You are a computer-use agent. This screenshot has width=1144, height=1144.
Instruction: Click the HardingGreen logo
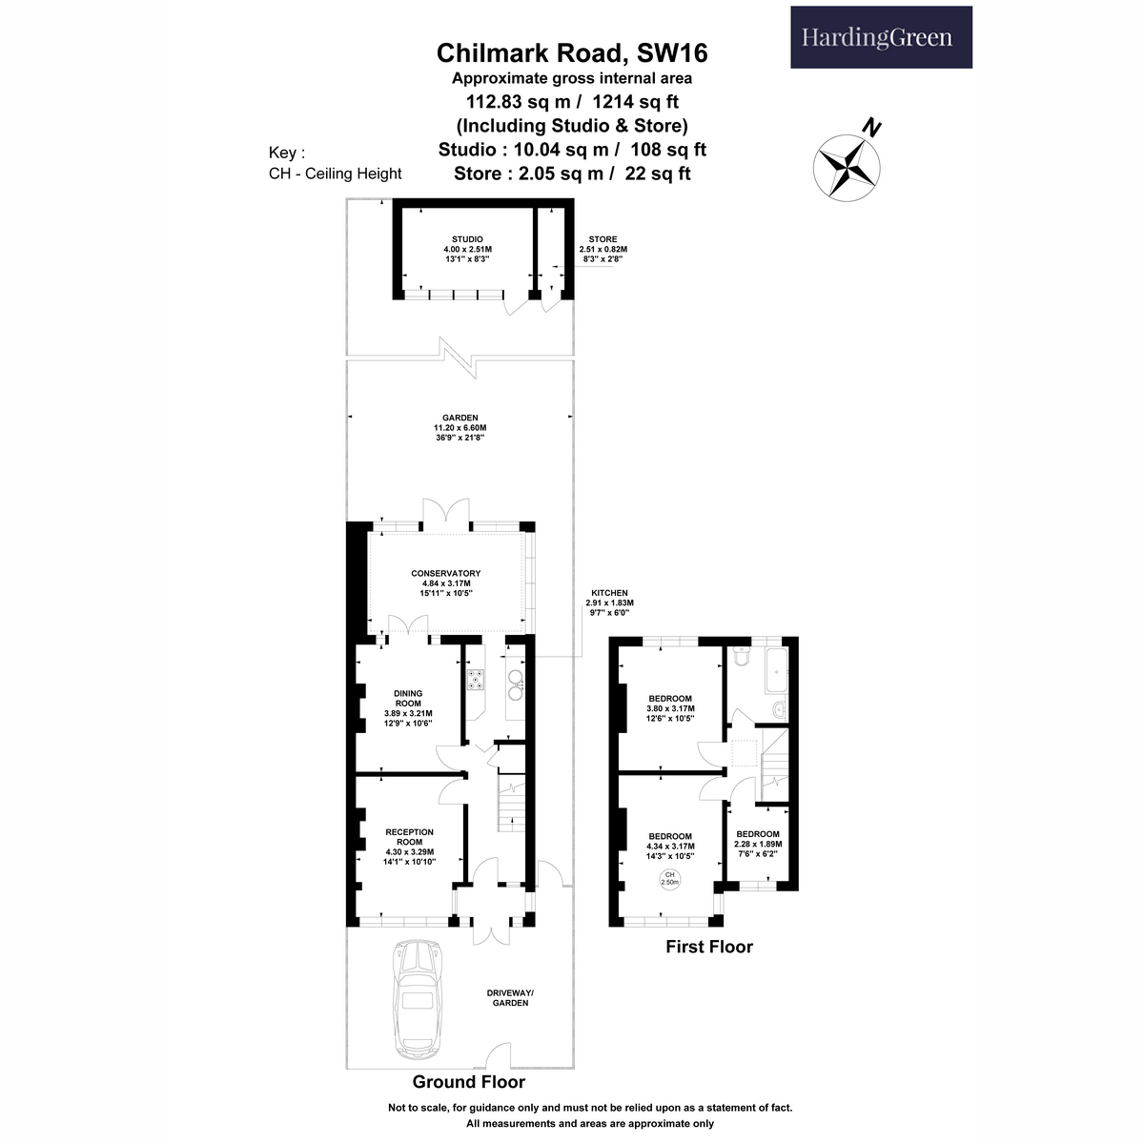pyautogui.click(x=881, y=37)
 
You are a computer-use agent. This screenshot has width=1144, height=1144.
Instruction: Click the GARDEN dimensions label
pyautogui.click(x=460, y=427)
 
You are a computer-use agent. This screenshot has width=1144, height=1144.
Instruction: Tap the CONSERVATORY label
pyautogui.click(x=446, y=583)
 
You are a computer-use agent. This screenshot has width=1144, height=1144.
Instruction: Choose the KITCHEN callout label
pyautogui.click(x=609, y=603)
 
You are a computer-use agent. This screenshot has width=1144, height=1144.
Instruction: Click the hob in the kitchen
pyautogui.click(x=476, y=679)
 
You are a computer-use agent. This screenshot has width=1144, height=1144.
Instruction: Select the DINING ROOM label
pyautogui.click(x=408, y=707)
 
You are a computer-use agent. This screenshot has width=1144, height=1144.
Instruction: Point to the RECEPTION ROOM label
pyautogui.click(x=410, y=846)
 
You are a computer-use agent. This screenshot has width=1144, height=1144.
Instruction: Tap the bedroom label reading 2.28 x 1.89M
pyautogui.click(x=758, y=844)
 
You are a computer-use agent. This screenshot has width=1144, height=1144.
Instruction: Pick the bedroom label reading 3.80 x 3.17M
pyautogui.click(x=670, y=708)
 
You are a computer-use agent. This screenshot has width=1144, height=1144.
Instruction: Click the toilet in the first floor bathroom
pyautogui.click(x=742, y=657)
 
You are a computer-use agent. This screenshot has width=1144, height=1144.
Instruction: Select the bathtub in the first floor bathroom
pyautogui.click(x=777, y=670)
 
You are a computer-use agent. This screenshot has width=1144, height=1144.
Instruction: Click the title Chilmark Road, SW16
pyautogui.click(x=572, y=53)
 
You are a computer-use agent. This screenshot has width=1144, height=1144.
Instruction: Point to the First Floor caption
pyautogui.click(x=709, y=947)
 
